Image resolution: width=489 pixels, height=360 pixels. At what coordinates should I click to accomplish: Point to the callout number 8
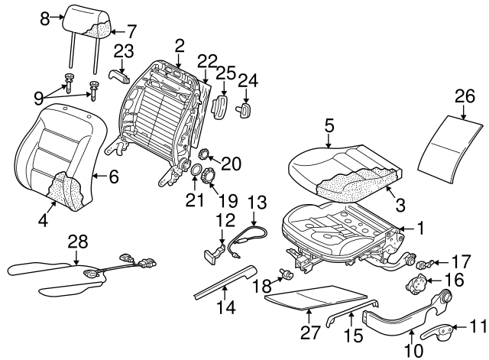(x=45, y=16)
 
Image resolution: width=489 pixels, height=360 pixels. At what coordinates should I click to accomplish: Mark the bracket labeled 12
(x=215, y=253)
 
